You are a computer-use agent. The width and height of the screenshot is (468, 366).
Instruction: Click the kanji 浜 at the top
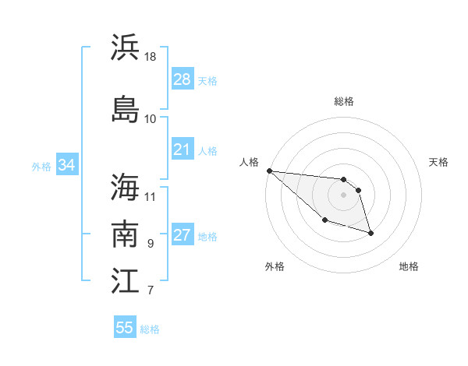tap(125, 48)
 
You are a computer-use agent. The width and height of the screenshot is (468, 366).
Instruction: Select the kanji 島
tap(125, 108)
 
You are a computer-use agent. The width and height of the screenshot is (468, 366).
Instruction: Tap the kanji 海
tap(125, 187)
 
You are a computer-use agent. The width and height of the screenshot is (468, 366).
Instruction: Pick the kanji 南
tap(125, 234)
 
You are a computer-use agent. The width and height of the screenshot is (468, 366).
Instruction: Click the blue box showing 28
tap(182, 79)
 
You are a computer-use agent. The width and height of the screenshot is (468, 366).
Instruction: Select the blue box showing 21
tap(182, 150)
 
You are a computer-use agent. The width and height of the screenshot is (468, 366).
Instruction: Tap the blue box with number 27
tap(182, 235)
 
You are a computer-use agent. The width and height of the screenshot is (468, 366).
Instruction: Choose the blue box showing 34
tap(67, 165)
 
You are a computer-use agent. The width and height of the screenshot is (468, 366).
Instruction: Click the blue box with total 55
tap(125, 328)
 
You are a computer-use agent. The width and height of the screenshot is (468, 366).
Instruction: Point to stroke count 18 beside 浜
tap(151, 56)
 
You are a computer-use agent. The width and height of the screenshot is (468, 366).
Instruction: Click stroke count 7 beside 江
tap(151, 291)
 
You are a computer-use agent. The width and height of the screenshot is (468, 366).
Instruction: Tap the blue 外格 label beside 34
tap(41, 166)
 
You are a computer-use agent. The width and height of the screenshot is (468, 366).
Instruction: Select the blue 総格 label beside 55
tap(150, 329)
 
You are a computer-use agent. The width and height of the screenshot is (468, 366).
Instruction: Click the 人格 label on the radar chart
tap(250, 162)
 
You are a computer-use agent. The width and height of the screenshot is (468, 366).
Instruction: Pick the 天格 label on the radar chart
tap(439, 162)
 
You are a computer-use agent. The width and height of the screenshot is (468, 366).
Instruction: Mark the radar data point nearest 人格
tap(269, 171)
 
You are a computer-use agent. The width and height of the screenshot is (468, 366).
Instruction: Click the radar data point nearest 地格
tap(370, 233)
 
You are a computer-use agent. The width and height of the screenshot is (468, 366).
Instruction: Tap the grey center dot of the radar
tap(343, 195)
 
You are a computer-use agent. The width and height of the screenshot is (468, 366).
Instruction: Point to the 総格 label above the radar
tap(344, 101)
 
